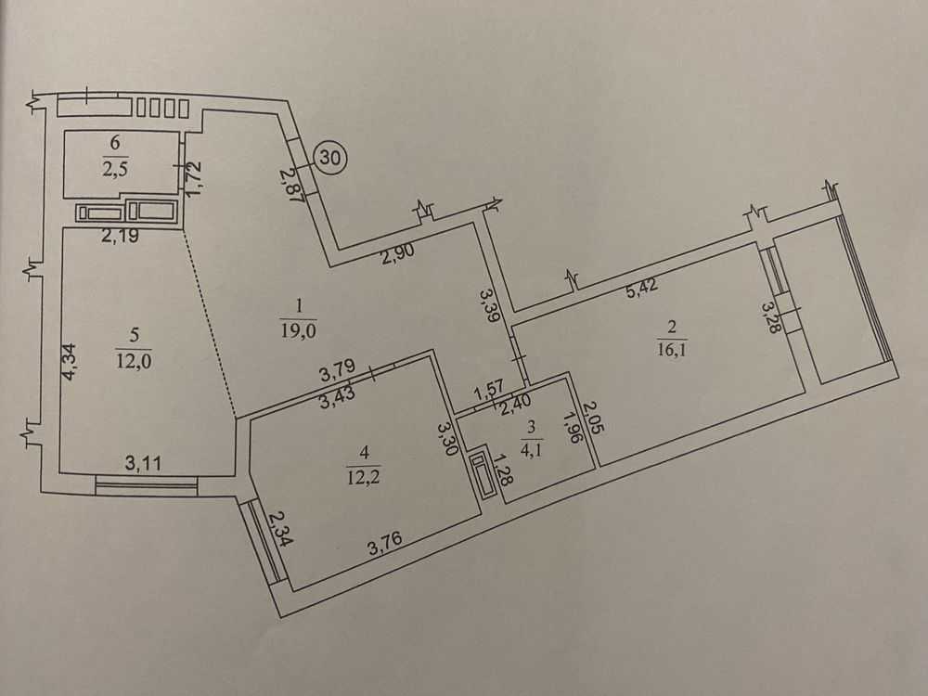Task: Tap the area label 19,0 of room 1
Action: click(x=299, y=330)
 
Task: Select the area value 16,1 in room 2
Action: click(x=672, y=349)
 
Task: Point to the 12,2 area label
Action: click(x=364, y=476)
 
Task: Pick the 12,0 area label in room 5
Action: click(x=134, y=360)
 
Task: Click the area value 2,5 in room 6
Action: click(x=115, y=170)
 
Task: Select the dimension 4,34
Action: click(x=70, y=362)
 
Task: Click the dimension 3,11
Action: click(x=143, y=462)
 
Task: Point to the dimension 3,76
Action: click(x=385, y=542)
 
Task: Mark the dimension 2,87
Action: click(x=291, y=186)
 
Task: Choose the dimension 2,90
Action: click(x=398, y=254)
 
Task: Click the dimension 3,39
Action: click(x=491, y=305)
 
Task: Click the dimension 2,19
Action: click(x=120, y=236)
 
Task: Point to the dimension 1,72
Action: click(x=195, y=175)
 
